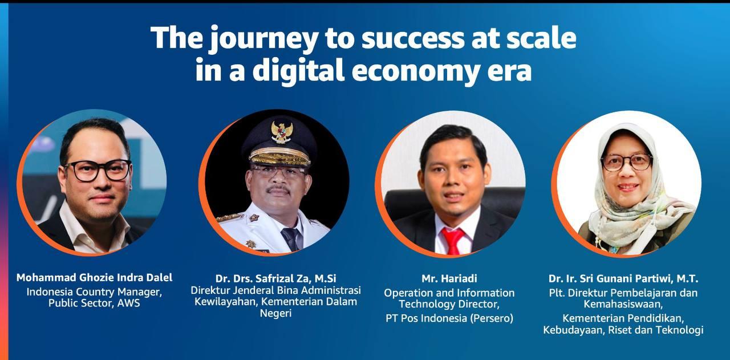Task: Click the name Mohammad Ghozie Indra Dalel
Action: click(x=94, y=278)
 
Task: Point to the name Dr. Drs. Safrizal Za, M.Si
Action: click(x=275, y=278)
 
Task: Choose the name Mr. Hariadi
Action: click(x=449, y=278)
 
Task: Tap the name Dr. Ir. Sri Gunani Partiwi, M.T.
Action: click(x=623, y=278)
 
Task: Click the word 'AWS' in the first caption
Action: click(x=128, y=304)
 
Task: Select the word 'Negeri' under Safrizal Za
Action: click(x=275, y=313)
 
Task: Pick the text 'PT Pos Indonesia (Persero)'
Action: click(x=449, y=318)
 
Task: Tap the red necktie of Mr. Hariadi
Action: click(x=455, y=240)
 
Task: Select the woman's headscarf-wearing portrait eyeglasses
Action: click(x=626, y=162)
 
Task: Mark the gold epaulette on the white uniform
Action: click(x=230, y=217)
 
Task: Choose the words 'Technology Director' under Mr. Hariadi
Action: click(x=449, y=305)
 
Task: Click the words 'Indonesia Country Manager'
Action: click(x=94, y=292)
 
